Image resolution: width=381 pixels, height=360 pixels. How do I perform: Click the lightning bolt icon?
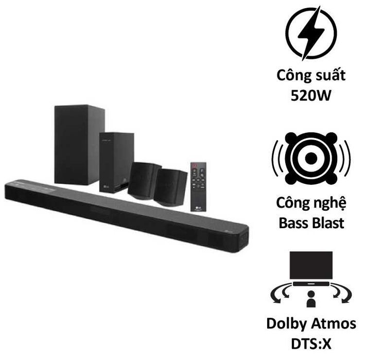click(x=311, y=33)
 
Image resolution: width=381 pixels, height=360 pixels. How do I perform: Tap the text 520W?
click(x=311, y=95)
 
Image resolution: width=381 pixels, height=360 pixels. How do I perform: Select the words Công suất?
click(x=311, y=75)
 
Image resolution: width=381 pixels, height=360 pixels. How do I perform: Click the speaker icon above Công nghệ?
click(x=311, y=159)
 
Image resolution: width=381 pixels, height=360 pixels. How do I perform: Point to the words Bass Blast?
click(x=311, y=223)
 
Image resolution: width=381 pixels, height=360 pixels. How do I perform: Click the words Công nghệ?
click(x=311, y=203)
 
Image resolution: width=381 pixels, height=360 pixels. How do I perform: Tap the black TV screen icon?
click(x=311, y=265)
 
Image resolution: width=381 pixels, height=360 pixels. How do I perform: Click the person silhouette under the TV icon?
click(x=311, y=299)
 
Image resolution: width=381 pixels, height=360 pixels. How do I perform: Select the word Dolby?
click(x=287, y=324)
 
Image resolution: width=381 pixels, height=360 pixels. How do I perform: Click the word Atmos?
click(x=334, y=324)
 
